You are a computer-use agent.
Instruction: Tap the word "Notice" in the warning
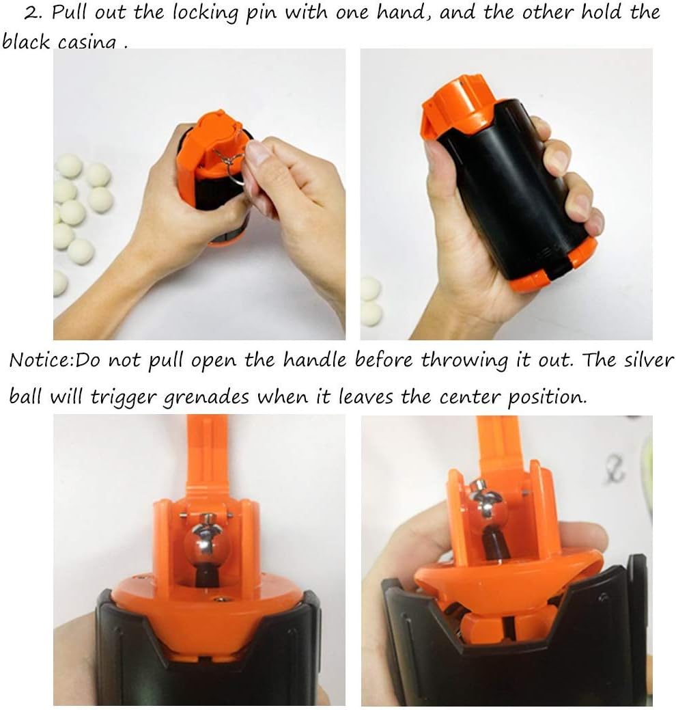point(41,360)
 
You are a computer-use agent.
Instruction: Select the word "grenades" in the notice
point(206,398)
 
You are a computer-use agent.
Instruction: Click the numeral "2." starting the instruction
point(33,13)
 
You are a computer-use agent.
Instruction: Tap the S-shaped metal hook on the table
point(615,469)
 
